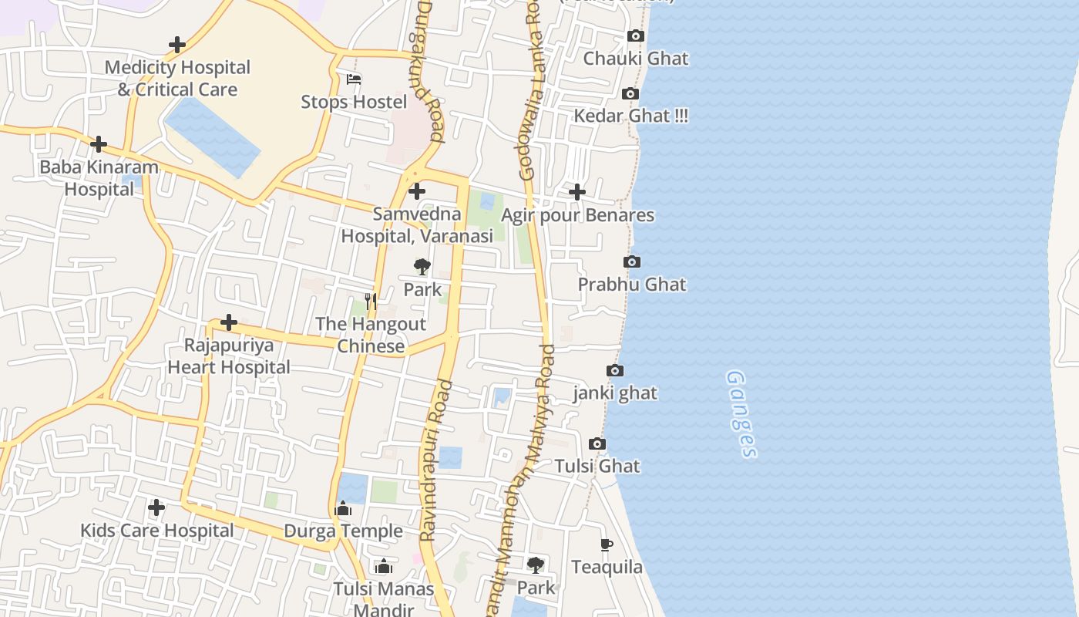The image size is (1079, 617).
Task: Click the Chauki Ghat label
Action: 635,59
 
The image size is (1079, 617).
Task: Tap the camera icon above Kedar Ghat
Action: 630,93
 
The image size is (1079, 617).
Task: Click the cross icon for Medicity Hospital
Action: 177,45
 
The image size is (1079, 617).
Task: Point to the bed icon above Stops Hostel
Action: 354,79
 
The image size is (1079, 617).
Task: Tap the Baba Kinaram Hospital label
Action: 99,178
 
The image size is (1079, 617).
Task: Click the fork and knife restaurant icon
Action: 371,302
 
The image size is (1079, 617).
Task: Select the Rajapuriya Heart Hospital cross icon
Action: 229,322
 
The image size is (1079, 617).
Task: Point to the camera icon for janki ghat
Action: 614,371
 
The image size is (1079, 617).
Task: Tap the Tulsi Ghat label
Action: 597,466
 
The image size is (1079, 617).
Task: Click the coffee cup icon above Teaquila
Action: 607,545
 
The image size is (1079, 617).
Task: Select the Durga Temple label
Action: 343,531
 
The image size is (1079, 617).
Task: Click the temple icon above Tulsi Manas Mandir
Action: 383,567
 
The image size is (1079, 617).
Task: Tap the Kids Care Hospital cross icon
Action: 156,507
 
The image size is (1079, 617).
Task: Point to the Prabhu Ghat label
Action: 632,284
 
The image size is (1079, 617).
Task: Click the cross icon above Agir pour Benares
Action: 576,192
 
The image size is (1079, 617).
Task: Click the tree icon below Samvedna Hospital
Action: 422,267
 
